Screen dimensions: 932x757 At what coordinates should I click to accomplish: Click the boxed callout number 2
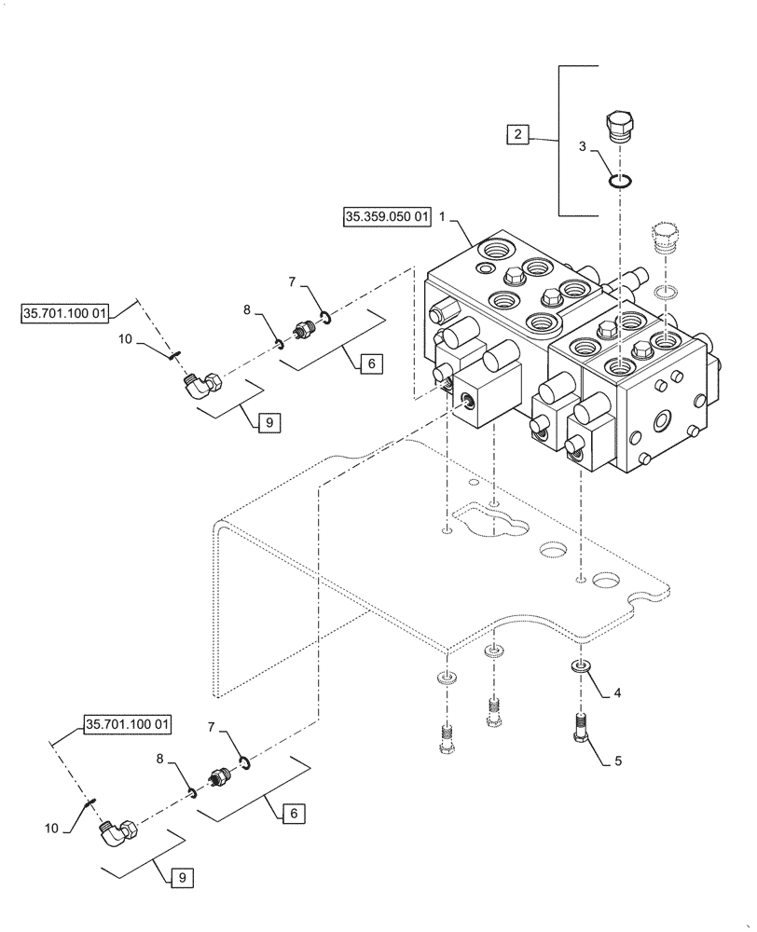pos(516,135)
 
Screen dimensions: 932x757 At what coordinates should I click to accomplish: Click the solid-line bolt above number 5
pos(580,735)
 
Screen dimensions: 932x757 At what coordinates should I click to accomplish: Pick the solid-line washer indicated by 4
pos(581,666)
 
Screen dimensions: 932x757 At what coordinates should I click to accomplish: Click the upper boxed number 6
pos(369,364)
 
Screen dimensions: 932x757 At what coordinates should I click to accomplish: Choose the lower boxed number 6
pos(293,814)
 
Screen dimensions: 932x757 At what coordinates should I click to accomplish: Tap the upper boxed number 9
pos(267,422)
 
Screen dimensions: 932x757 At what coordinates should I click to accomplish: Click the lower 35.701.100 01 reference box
pos(129,723)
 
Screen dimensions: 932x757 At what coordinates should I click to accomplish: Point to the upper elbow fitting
pos(201,383)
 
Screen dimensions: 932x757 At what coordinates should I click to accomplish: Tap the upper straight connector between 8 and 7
pos(302,331)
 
